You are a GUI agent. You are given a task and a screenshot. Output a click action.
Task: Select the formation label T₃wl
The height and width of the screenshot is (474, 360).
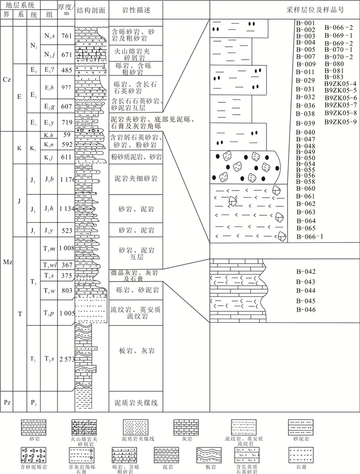tap(48, 265)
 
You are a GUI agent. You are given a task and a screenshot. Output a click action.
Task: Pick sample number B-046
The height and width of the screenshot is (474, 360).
tap(306, 309)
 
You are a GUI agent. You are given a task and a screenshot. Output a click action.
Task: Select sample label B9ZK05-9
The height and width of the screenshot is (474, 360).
tap(340, 121)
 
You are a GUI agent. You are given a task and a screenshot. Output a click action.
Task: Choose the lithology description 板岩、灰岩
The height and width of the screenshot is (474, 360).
tap(136, 351)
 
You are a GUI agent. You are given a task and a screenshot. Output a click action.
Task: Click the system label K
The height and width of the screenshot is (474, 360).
tap(19, 148)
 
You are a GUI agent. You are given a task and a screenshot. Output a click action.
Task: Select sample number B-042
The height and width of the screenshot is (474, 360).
tap(306, 272)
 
